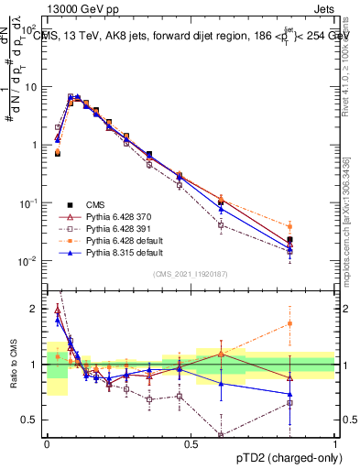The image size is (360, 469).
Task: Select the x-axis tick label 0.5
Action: pos(191,443)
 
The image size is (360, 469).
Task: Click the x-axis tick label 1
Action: pos(335,443)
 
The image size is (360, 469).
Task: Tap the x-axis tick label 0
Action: pos(47,443)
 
